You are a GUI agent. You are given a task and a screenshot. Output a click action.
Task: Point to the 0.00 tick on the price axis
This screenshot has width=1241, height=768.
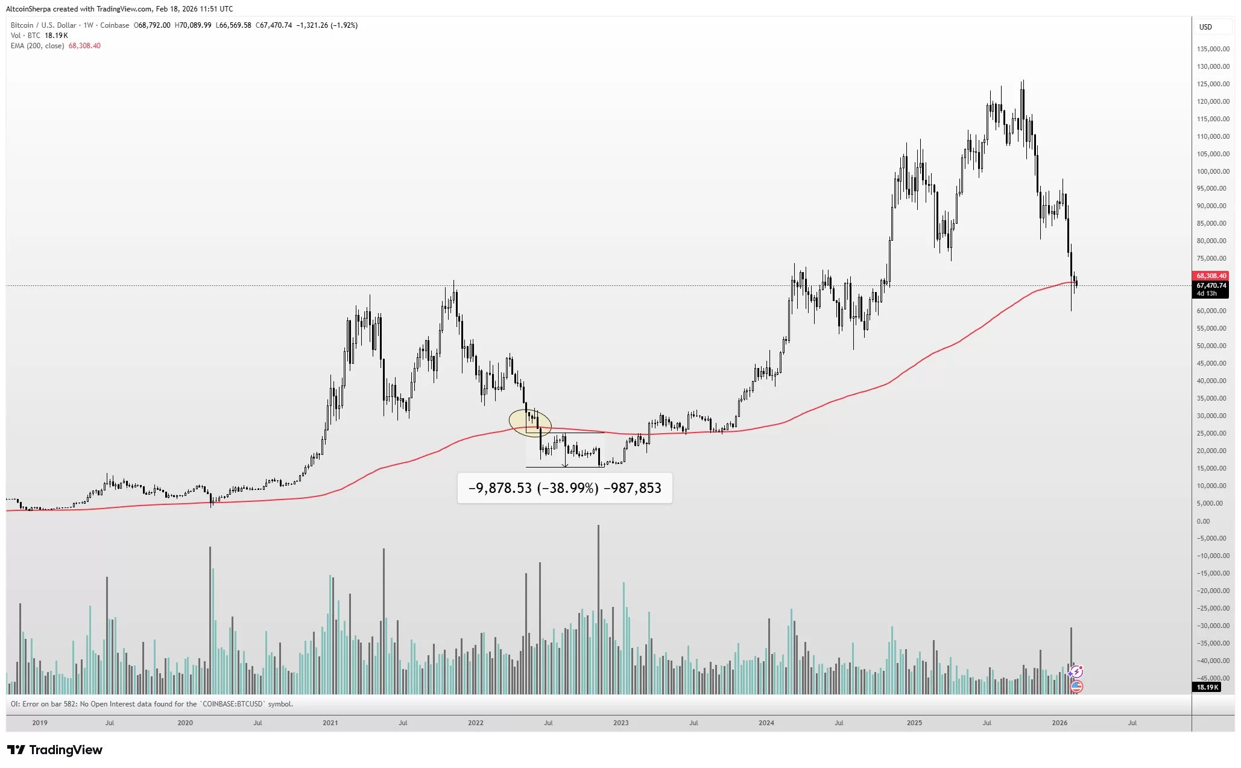click(x=1203, y=521)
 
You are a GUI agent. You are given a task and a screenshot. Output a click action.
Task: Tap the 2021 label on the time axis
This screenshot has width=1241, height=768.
click(x=330, y=723)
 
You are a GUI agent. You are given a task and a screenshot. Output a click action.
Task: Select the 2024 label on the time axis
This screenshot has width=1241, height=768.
click(x=766, y=723)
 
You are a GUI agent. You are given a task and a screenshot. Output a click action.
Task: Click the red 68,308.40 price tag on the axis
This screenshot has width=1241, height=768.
click(x=1211, y=276)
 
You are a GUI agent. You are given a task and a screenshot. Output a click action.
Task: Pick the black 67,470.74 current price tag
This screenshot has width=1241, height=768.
click(x=1211, y=285)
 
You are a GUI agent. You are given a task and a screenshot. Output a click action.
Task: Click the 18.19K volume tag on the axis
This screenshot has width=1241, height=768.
click(x=1207, y=687)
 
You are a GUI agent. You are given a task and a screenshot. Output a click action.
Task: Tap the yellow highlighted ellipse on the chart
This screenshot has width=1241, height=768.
click(x=530, y=423)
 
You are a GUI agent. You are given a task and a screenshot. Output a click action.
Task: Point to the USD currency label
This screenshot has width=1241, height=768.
click(x=1205, y=27)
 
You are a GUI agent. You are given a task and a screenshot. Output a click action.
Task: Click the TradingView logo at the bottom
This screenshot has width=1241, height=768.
click(x=55, y=750)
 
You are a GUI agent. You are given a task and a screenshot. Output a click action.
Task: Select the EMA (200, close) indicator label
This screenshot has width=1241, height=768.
click(x=37, y=46)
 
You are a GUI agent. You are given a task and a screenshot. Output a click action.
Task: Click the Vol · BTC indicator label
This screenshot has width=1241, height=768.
click(x=25, y=36)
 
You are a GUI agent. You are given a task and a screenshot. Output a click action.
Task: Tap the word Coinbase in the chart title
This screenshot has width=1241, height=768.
click(x=115, y=25)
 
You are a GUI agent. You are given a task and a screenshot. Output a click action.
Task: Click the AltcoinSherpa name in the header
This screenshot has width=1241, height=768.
click(x=28, y=9)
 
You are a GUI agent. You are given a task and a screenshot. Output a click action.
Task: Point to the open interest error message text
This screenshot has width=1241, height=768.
click(x=151, y=704)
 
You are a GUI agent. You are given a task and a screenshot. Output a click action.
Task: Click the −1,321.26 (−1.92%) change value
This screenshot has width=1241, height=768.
click(x=327, y=25)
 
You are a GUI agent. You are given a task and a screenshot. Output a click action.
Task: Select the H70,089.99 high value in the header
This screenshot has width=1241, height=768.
click(x=193, y=25)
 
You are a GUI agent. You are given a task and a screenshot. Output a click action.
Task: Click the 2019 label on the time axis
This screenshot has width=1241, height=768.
click(x=40, y=723)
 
